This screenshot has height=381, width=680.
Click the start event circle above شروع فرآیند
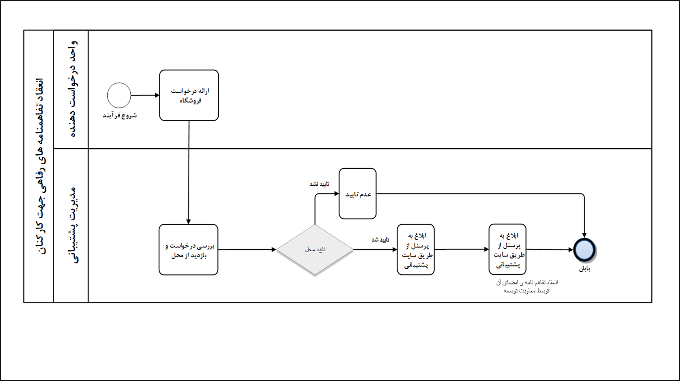pos(119,95)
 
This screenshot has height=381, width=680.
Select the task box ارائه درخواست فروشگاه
pos(189,95)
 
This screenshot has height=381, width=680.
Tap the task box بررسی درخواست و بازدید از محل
pos(188,250)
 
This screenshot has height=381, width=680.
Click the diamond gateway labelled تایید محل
pos(315,250)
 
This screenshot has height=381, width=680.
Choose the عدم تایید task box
pos(358,194)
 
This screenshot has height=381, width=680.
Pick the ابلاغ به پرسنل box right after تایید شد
pos(415,250)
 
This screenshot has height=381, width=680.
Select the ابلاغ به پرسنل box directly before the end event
pos(507,250)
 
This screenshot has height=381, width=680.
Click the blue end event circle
pos(584,250)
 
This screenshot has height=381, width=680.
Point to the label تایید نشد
pos(319,184)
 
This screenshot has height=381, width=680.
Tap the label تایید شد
pos(380,240)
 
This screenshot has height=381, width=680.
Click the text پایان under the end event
pos(585,269)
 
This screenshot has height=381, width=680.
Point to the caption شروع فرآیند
pos(119,116)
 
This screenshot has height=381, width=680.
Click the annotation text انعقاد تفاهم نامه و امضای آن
pos(527,283)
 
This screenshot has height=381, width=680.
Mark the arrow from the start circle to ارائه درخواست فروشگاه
pos(145,95)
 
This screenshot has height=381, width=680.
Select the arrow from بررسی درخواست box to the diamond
pos(247,250)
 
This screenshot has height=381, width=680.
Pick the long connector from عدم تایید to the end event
pos(481,194)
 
